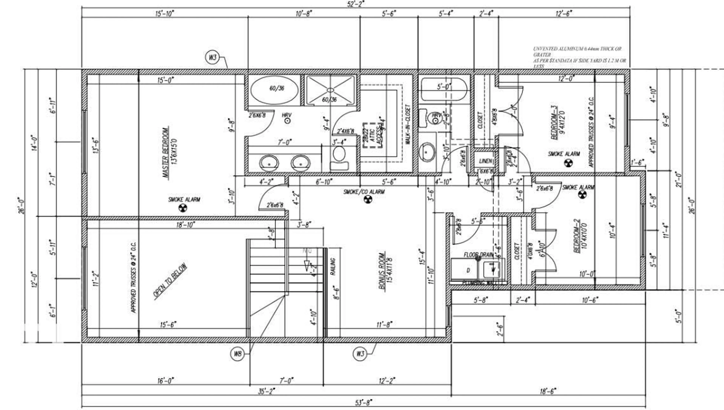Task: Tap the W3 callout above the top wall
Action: (x=212, y=57)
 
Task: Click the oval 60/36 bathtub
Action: (x=274, y=90)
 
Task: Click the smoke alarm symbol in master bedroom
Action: (x=183, y=208)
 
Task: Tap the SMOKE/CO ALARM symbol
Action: (x=368, y=199)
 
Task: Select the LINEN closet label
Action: (x=485, y=161)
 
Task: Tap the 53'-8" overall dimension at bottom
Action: (x=364, y=402)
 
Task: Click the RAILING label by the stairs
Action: (x=333, y=266)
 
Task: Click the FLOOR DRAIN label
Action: (x=478, y=255)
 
